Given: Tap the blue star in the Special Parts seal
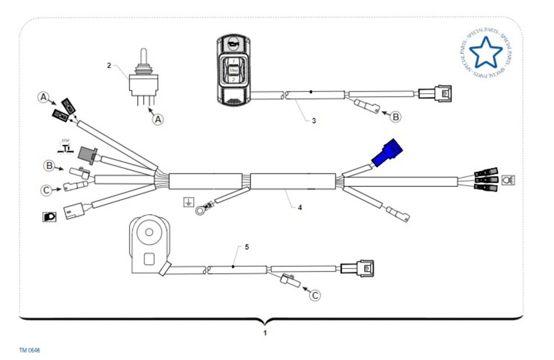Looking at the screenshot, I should (x=485, y=52).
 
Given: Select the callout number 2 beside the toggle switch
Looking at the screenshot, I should (x=109, y=66).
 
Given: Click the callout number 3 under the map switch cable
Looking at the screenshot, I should (x=313, y=121).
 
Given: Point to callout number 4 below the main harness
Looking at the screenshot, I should (x=300, y=207).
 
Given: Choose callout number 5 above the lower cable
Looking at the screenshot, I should (x=247, y=247).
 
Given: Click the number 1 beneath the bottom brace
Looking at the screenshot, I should (x=265, y=332).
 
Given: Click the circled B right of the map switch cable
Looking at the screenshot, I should (x=396, y=117).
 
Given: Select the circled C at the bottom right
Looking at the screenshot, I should (x=314, y=295).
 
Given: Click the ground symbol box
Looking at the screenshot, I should (x=188, y=202).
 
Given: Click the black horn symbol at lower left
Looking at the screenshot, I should (x=48, y=216).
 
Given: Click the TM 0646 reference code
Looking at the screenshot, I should (x=30, y=350).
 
